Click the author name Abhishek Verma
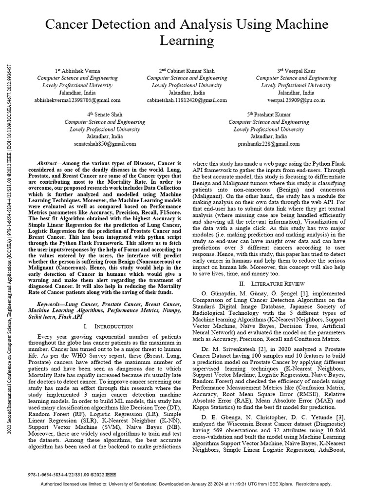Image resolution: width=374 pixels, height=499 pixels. [79, 71]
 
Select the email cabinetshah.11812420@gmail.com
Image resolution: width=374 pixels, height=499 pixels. [187, 100]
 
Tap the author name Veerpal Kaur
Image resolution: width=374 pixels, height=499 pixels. [299, 71]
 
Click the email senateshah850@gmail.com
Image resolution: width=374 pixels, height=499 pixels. [105, 144]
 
